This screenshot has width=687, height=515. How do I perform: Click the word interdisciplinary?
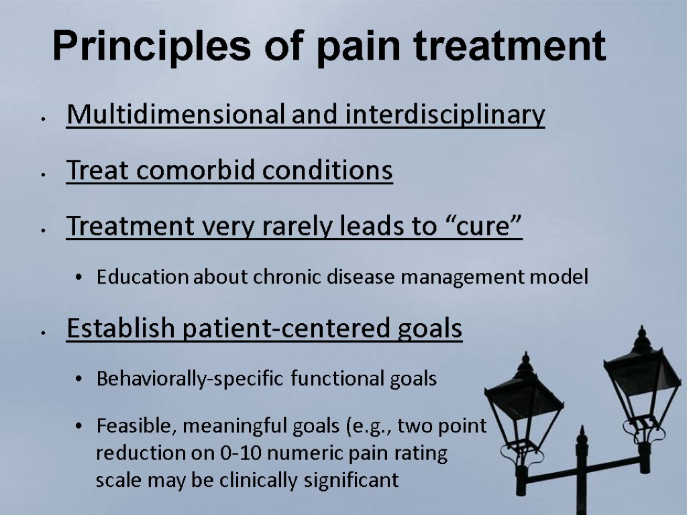click(x=445, y=116)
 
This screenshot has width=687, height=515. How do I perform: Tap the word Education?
click(x=142, y=278)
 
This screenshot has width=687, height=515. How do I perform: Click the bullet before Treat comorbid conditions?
click(x=42, y=173)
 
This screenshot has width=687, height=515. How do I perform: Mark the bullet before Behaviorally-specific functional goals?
click(x=80, y=380)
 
